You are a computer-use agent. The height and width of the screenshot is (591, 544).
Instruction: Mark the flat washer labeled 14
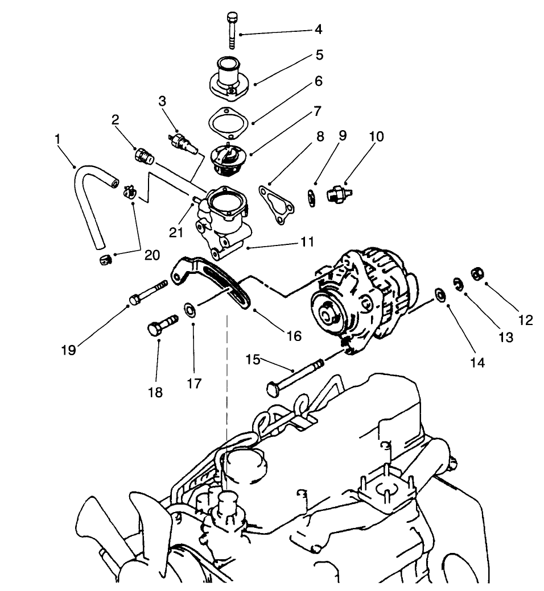[440, 294]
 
